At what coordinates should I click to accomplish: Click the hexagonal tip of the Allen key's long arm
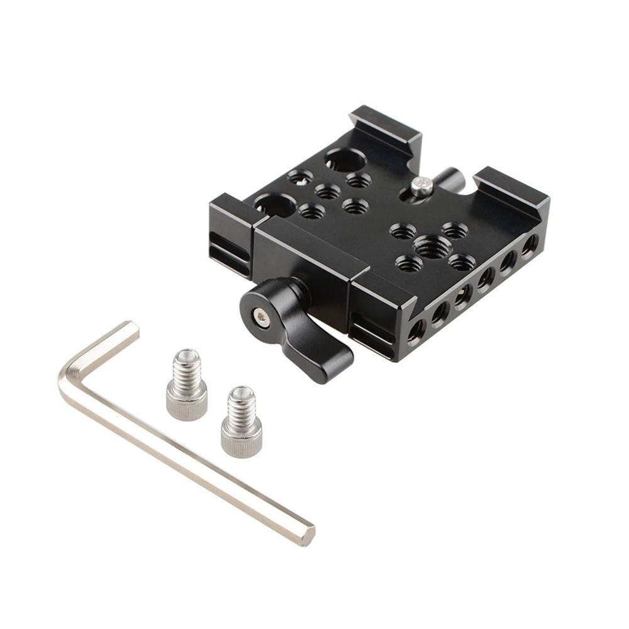[307, 535]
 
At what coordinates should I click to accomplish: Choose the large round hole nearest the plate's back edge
[343, 160]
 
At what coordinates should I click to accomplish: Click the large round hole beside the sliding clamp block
[276, 205]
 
